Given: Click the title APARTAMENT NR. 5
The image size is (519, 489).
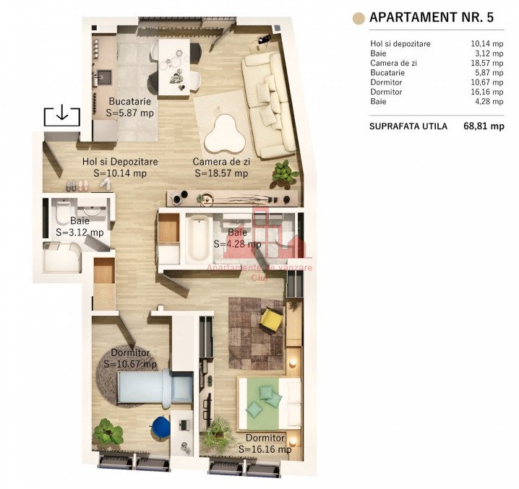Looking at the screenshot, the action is click(432, 17).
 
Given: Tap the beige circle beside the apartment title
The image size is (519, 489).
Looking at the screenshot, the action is click(359, 18).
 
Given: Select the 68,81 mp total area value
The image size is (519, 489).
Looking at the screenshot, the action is click(484, 126).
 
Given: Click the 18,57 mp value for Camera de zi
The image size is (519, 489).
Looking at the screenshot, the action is click(487, 63).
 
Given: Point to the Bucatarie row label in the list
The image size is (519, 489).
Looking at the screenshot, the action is click(387, 72).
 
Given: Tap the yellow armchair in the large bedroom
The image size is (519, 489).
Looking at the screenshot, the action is click(271, 319).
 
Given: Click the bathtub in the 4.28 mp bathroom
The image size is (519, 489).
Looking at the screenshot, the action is click(199, 238).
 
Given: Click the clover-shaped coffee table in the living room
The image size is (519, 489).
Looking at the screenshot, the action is click(225, 134).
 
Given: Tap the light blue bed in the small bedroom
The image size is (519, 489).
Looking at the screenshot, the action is click(155, 386).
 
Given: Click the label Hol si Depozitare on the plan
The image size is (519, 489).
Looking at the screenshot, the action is click(120, 162).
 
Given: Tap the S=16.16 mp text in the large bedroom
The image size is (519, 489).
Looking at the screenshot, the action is click(265, 449).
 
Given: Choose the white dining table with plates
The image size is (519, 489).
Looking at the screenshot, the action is click(174, 67).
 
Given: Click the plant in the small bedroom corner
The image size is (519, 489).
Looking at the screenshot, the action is click(108, 432).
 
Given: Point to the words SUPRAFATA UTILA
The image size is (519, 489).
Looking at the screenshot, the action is click(408, 126).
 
